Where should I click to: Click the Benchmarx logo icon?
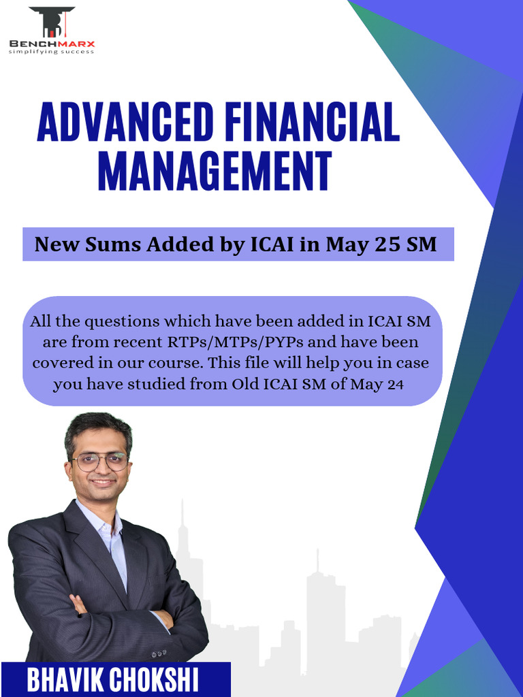click(x=52, y=22)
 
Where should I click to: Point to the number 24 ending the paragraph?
click(x=396, y=384)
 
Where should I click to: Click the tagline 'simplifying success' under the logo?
click(x=51, y=52)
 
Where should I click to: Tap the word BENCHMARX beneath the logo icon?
click(x=52, y=45)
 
